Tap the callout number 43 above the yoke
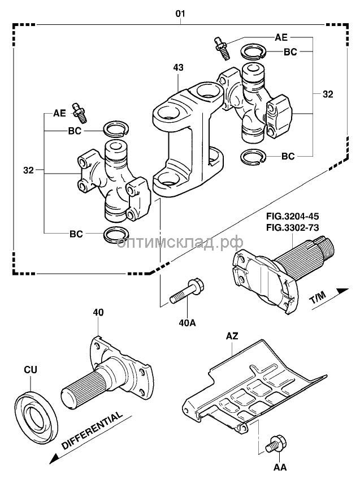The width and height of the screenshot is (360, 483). tap(178, 68)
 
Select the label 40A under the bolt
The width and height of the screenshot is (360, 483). tap(187, 323)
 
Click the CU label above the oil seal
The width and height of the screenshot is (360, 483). tap(31, 369)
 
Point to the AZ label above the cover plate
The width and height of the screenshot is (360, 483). tap(232, 336)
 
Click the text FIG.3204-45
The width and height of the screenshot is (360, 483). tap(291, 217)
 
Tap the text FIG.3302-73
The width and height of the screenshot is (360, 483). tap(291, 227)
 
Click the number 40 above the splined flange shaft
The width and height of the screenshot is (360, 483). tap(98, 312)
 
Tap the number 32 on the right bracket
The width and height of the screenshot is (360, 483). tap(327, 94)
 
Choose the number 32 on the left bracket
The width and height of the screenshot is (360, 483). tap(29, 169)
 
